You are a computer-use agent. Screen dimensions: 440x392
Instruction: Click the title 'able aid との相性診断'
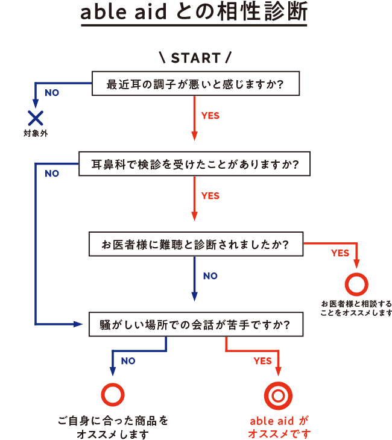click(194, 13)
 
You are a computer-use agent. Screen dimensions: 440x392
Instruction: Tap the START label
click(195, 58)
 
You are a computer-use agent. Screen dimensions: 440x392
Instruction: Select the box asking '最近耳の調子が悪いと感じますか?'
click(195, 83)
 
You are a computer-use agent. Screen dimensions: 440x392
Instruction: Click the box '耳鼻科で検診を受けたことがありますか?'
click(195, 163)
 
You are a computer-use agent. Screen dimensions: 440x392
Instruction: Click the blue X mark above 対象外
click(36, 116)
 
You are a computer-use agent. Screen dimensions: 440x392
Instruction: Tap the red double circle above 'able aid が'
click(278, 395)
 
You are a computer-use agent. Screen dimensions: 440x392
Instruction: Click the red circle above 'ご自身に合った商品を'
click(113, 394)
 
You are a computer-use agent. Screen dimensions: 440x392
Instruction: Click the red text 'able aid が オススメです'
click(279, 427)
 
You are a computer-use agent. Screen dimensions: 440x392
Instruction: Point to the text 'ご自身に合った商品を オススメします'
click(113, 427)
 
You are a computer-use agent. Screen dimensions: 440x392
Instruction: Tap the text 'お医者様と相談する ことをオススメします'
click(356, 307)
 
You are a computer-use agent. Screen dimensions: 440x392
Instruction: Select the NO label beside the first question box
click(52, 93)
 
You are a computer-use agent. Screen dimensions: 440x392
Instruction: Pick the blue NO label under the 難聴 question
click(210, 276)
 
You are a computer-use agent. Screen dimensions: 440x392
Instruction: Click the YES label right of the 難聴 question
click(340, 253)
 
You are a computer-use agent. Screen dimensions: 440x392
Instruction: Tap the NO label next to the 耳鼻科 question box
click(52, 174)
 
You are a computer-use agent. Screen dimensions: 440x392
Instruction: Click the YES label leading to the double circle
click(262, 362)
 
